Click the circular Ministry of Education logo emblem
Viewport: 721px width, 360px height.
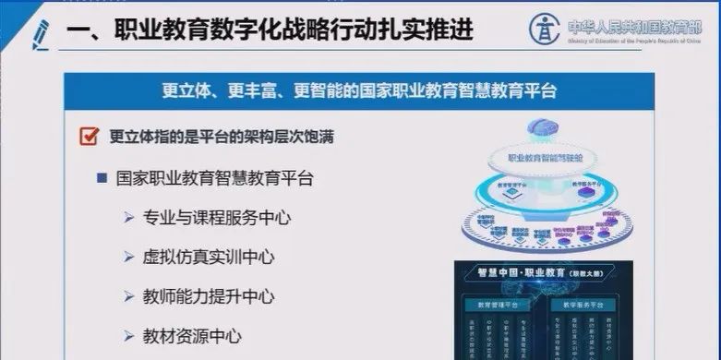[x=545, y=27]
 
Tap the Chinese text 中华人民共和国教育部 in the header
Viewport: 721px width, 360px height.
[x=637, y=23]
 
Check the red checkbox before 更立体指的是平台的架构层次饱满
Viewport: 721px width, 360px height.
[x=90, y=138]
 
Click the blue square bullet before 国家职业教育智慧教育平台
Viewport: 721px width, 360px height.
[x=102, y=178]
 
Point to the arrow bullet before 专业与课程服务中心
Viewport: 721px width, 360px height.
[x=129, y=219]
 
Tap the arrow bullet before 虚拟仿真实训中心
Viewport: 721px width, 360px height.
[x=129, y=258]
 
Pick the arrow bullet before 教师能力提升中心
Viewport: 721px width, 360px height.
[x=129, y=298]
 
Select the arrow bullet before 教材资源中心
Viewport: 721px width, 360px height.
[x=129, y=338]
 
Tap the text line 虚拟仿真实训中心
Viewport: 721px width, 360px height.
[x=210, y=258]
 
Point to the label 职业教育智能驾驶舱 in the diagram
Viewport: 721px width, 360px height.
[x=543, y=158]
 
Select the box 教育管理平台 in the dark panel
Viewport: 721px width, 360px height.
[x=509, y=303]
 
